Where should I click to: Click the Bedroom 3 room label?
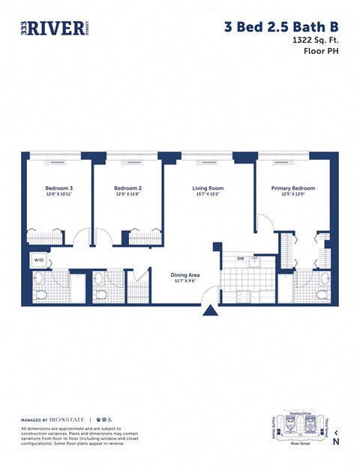pos(58,188)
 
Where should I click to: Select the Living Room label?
pos(208,188)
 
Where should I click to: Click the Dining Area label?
pos(184,275)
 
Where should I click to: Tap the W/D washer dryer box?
pos(37,260)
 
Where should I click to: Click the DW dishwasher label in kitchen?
pos(240,259)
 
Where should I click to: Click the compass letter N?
pos(335,441)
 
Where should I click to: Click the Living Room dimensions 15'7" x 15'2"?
pos(208,195)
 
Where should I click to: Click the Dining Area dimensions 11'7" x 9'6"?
pos(184,281)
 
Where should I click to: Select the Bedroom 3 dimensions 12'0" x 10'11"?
pos(58,195)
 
